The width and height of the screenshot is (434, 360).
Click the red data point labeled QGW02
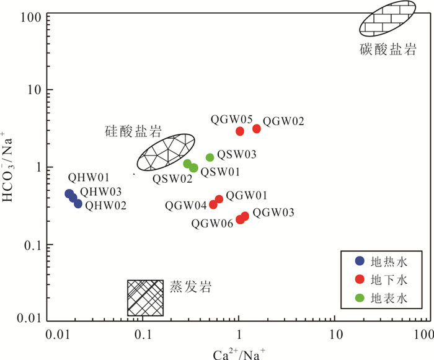257,128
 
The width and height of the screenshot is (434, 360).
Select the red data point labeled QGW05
240,131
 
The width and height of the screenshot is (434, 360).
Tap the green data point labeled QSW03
210,157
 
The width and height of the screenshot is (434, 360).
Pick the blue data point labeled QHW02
78,203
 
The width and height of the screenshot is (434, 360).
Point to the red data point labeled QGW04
213,204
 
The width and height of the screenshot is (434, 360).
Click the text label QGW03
273,213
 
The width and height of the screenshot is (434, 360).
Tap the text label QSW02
172,178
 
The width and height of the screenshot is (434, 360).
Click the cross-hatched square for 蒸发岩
145,297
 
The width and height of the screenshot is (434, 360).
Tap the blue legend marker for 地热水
359,260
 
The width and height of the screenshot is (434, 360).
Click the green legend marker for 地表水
359,299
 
